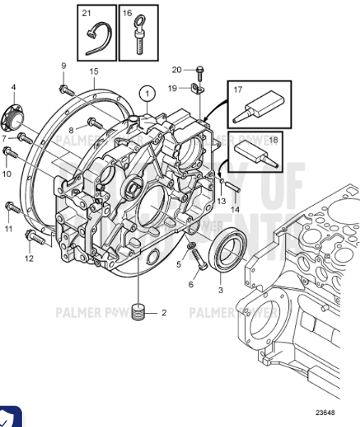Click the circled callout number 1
[x=147, y=93]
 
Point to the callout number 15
[x=93, y=72]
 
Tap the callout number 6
[x=190, y=284]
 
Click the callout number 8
[x=71, y=130]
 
